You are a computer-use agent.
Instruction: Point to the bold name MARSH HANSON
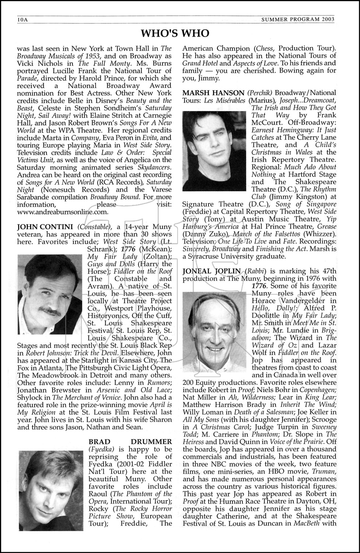click(214, 93)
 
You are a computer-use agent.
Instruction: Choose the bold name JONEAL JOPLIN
click(212, 271)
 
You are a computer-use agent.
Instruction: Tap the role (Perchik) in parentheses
click(260, 93)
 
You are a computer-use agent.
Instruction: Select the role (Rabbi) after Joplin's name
click(256, 271)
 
